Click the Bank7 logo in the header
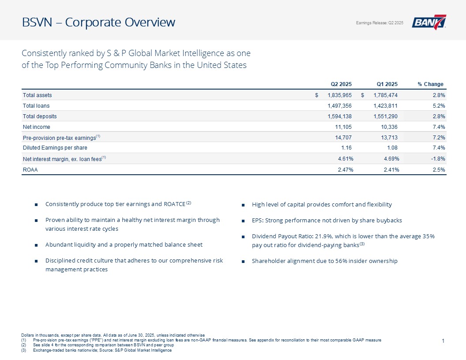click(428, 22)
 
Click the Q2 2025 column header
click(341, 84)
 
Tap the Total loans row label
click(36, 106)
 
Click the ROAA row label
click(30, 169)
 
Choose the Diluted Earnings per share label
click(55, 148)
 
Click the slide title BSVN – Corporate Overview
click(99, 22)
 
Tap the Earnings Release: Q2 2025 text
click(380, 23)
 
